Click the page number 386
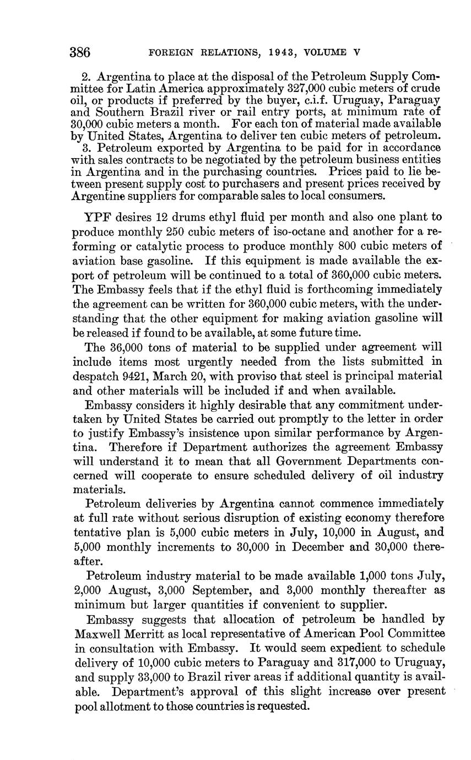click(x=80, y=53)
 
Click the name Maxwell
click(x=99, y=633)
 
